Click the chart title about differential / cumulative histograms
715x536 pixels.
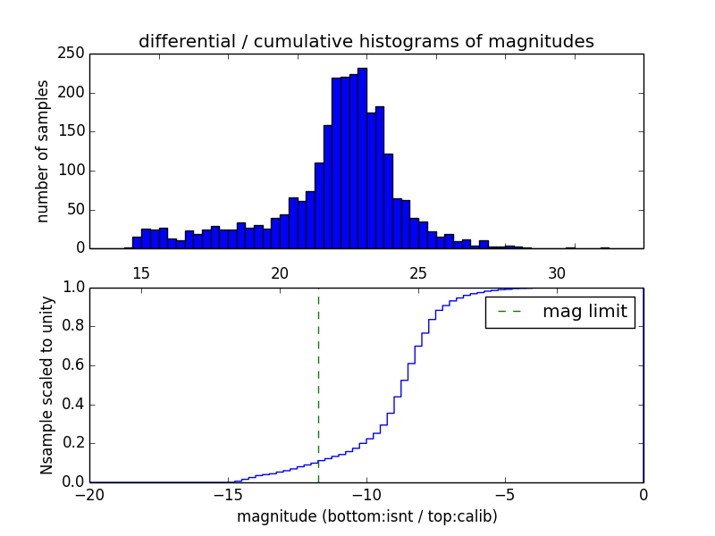point(366,41)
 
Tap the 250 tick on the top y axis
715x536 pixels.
point(74,54)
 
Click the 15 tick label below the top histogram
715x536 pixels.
point(141,272)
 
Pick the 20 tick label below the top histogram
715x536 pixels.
point(280,272)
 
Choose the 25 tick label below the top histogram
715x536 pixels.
point(418,272)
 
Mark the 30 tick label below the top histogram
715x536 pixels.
point(557,272)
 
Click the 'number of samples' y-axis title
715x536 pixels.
point(43,151)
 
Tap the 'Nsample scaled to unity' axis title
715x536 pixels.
point(46,385)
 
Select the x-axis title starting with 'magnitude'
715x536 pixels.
point(366,516)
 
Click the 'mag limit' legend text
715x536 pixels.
point(585,312)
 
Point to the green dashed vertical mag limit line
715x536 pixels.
point(318,384)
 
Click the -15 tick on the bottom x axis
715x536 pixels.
point(228,494)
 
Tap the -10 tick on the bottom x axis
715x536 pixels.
point(366,494)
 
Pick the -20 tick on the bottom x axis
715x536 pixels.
point(89,494)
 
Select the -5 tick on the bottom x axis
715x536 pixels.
point(505,494)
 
